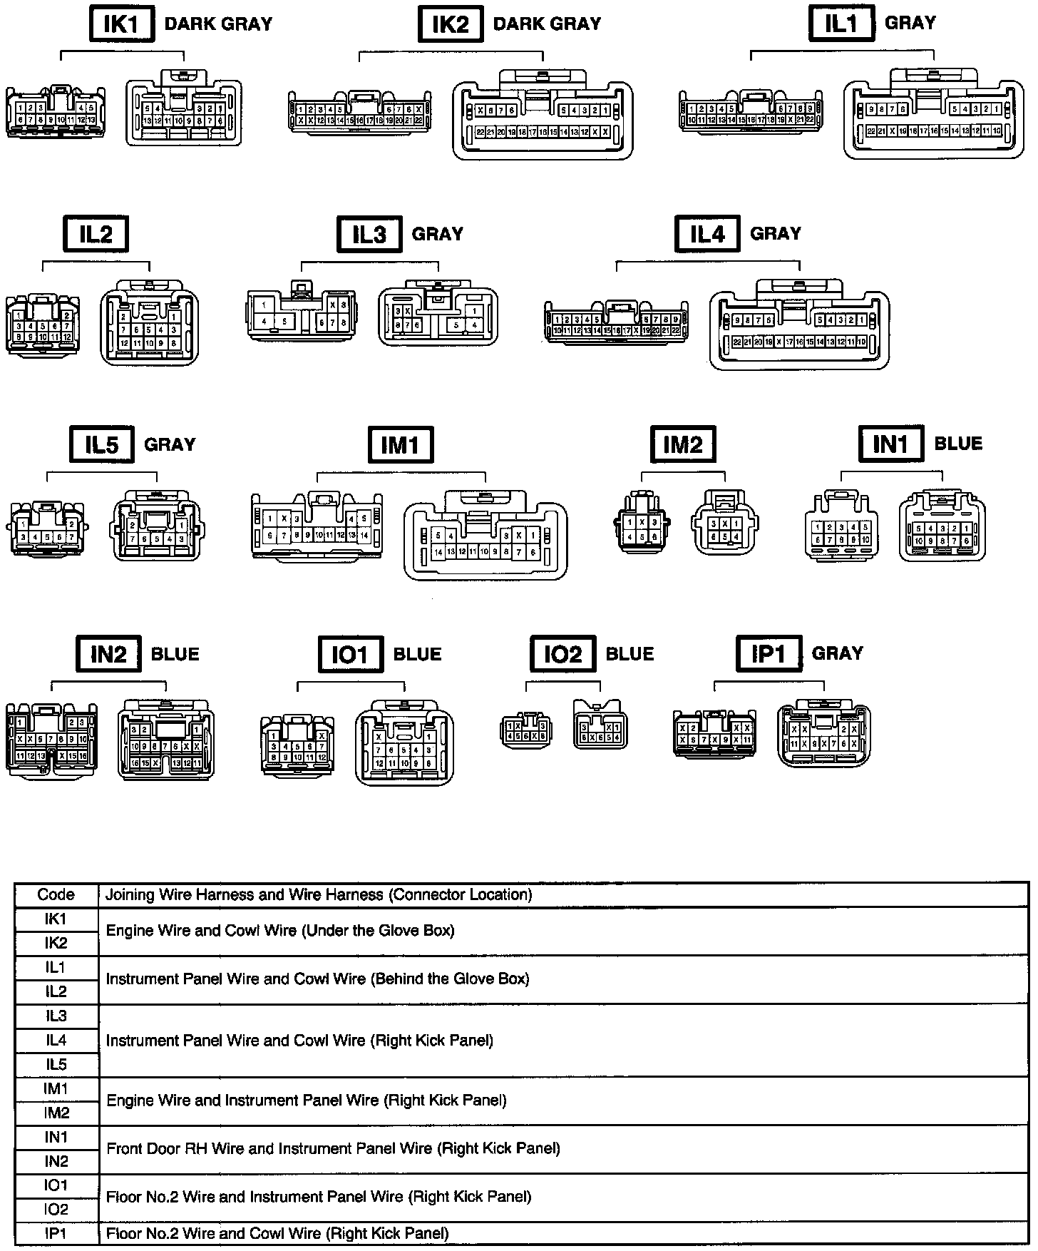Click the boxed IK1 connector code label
(x=120, y=24)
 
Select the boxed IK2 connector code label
(x=450, y=24)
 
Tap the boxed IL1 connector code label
(x=841, y=24)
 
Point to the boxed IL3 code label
(x=369, y=234)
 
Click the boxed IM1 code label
(x=400, y=445)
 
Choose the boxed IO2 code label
(x=562, y=655)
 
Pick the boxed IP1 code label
(x=769, y=654)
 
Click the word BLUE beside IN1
(x=958, y=444)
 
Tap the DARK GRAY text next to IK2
(x=547, y=24)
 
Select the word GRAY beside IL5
(x=170, y=445)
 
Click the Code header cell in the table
(x=56, y=894)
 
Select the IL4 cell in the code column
(x=56, y=1041)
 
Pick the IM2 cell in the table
(x=56, y=1113)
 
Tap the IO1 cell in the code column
(x=56, y=1185)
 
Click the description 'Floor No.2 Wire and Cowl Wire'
(x=277, y=1233)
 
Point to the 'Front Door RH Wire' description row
(x=333, y=1149)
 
